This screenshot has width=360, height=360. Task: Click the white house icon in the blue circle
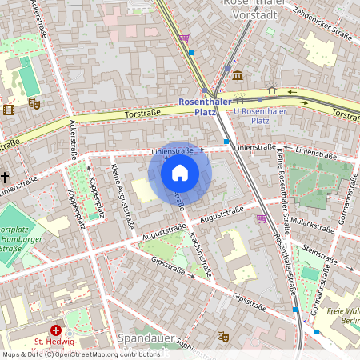pyautogui.click(x=180, y=172)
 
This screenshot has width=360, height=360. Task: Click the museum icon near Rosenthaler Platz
pyautogui.click(x=238, y=75)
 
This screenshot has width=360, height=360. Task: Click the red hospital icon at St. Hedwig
pyautogui.click(x=56, y=330)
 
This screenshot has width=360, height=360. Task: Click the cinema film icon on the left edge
pyautogui.click(x=8, y=110)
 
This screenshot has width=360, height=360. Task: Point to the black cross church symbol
pyautogui.click(x=5, y=176)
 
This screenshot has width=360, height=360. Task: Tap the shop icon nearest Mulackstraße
pyautogui.click(x=261, y=218)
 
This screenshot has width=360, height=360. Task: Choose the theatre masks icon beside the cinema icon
pyautogui.click(x=34, y=103)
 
